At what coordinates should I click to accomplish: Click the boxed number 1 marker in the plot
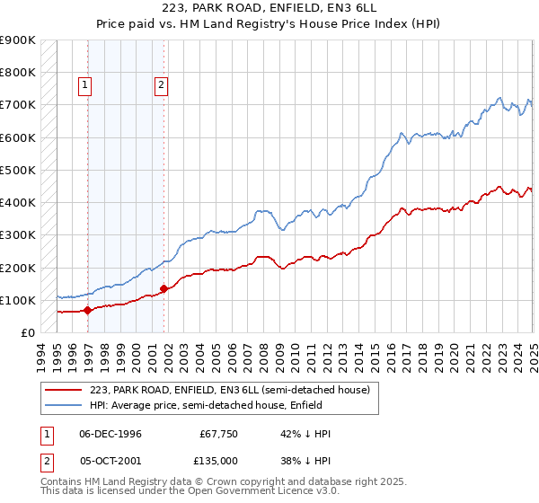84,85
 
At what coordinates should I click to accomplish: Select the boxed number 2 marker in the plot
161,85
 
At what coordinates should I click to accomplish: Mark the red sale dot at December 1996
88,311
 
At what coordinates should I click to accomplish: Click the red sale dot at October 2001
164,289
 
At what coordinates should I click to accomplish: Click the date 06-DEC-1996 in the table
110,434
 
